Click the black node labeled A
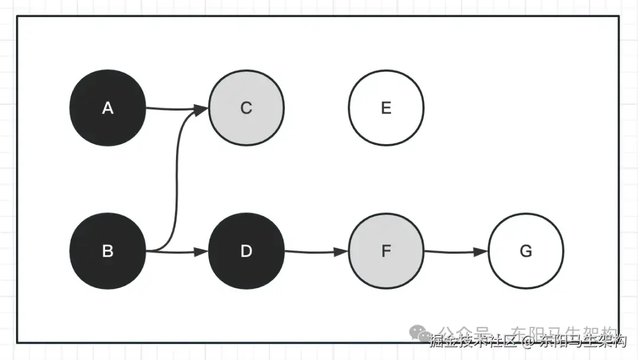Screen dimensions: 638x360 (108, 108)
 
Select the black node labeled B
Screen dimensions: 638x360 (108, 251)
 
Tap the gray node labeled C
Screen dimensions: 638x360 (246, 108)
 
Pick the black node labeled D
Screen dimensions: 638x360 (246, 251)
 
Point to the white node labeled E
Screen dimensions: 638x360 (386, 108)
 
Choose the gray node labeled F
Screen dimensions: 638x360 (386, 251)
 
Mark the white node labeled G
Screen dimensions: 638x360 (526, 251)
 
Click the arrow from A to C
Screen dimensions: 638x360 (171, 109)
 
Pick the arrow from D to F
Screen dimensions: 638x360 (313, 252)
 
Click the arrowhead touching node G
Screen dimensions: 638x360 (481, 252)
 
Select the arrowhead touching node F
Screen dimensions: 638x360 (341, 252)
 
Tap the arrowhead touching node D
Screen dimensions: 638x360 (202, 252)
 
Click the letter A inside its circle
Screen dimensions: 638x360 (108, 108)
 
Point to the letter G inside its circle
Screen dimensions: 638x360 (526, 251)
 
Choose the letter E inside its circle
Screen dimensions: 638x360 (386, 108)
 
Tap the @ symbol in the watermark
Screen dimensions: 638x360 (528, 342)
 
